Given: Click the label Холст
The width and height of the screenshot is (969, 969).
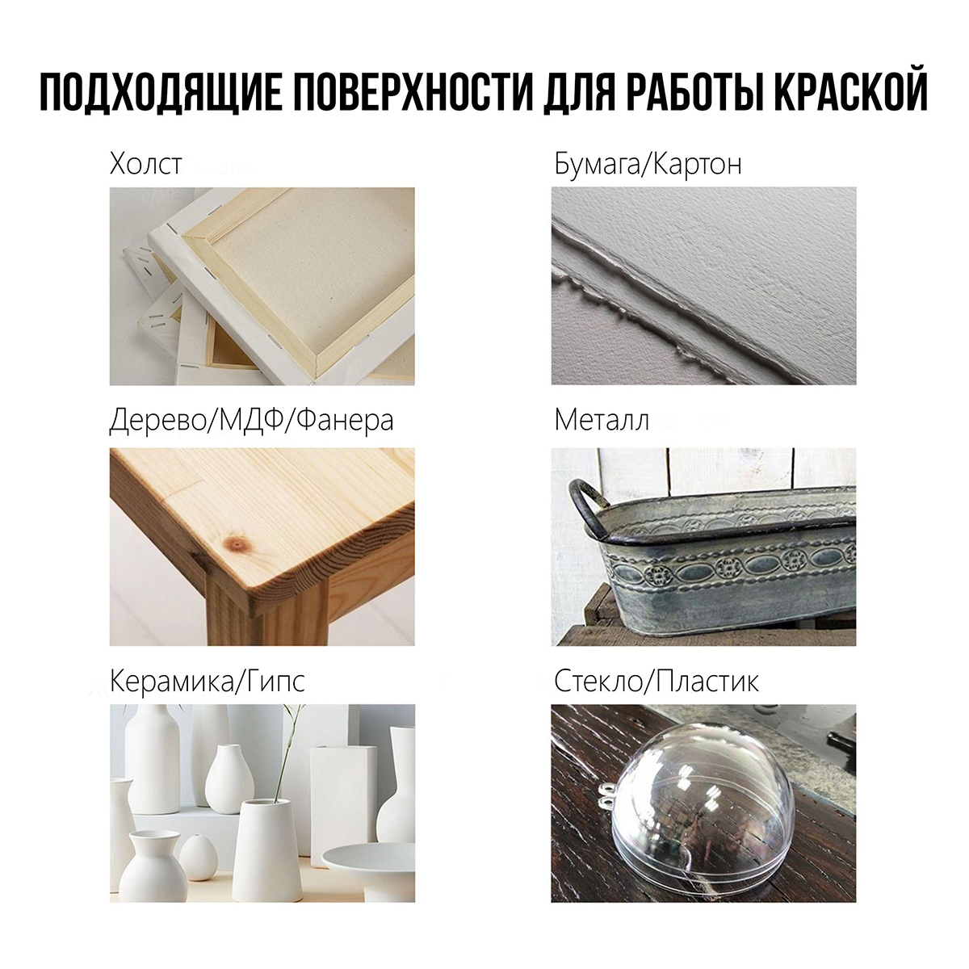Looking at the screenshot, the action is (x=145, y=164).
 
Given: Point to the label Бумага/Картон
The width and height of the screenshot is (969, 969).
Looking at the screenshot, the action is (x=648, y=164).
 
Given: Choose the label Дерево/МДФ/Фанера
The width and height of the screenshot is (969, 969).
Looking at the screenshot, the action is (x=251, y=421).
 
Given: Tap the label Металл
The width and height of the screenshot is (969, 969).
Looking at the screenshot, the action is (x=602, y=421).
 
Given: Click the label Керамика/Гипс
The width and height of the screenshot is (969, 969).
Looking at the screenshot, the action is (x=208, y=682).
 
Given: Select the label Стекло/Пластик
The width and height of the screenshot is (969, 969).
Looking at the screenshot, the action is (x=656, y=682).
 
